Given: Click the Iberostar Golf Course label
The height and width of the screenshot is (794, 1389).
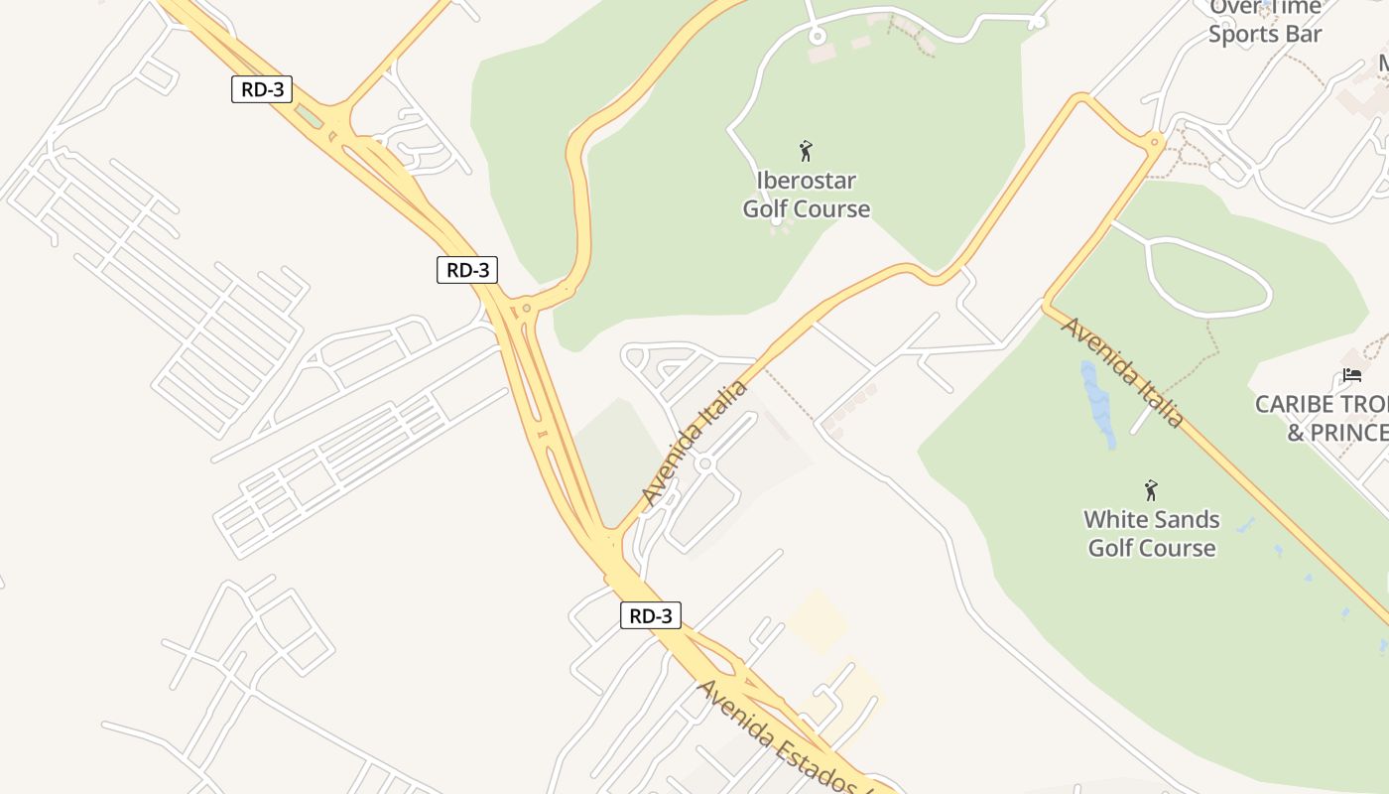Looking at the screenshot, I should tap(806, 195).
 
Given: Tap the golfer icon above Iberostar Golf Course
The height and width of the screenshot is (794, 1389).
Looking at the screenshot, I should tap(806, 151).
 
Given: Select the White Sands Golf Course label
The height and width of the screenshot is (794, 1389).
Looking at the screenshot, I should tap(1151, 533).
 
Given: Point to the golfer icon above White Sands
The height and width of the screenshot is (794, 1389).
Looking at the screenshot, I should tap(1151, 490).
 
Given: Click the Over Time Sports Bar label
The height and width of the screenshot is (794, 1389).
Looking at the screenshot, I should tap(1265, 21).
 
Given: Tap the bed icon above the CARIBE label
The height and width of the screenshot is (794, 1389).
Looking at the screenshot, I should tap(1352, 375).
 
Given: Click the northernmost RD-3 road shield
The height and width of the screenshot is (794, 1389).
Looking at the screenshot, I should tap(263, 89).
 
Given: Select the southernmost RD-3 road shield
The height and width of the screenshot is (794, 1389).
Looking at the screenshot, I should tap(651, 615).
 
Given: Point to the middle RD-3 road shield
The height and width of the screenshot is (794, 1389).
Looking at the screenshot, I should tap(466, 269).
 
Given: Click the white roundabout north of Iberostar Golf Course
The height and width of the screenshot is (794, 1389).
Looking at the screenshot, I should tap(817, 37).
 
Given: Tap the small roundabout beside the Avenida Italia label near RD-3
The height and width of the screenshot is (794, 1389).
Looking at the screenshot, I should tap(705, 463).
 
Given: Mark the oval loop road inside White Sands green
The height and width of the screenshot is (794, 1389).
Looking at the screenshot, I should tap(1207, 279).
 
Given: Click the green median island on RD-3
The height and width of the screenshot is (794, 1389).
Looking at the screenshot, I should tap(310, 117).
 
